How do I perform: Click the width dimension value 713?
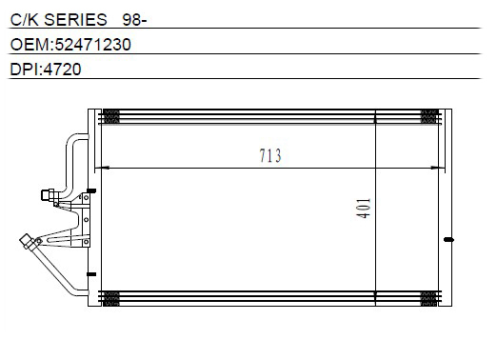tap(270, 155)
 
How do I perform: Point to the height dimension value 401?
tap(364, 209)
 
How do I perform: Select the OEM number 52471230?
tap(93, 45)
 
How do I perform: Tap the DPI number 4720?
tap(62, 70)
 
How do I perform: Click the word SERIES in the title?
tap(75, 20)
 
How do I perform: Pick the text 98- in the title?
tap(134, 20)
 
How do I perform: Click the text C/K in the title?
tap(24, 20)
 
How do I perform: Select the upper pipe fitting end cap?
tap(47, 194)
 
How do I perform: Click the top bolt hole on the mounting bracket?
tap(86, 198)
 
